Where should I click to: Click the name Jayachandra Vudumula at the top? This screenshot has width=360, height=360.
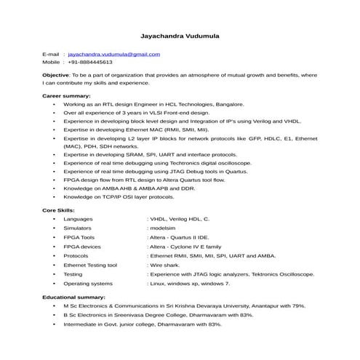click(x=180, y=35)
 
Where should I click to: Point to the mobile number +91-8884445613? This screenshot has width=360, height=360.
click(x=96, y=63)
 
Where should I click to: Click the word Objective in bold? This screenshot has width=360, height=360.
click(x=55, y=75)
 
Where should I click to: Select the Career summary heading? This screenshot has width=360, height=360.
click(x=66, y=96)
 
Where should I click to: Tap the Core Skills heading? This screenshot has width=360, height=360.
click(x=58, y=209)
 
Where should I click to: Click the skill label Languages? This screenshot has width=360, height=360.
click(x=78, y=218)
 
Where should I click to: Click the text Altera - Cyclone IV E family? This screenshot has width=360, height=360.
click(x=188, y=247)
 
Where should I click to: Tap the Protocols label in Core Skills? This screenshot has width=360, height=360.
click(x=76, y=256)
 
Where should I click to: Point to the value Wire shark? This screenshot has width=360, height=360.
click(x=166, y=265)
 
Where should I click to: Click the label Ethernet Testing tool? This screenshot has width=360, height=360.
click(x=90, y=265)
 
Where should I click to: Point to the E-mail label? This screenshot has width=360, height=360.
click(x=50, y=55)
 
